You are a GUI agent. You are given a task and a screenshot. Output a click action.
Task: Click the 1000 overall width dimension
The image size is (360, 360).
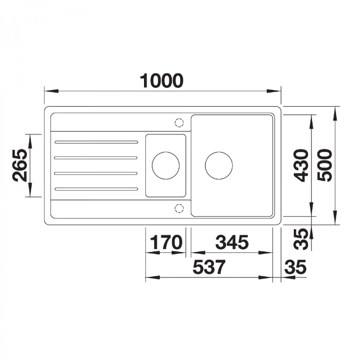pyautogui.click(x=162, y=81)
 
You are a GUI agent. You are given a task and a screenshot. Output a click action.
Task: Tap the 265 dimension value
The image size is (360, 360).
pyautogui.click(x=20, y=165)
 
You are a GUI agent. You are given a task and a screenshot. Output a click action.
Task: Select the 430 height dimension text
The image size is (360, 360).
pyautogui.click(x=301, y=165)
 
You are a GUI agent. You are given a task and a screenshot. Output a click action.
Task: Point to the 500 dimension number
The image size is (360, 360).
pyautogui.click(x=324, y=165)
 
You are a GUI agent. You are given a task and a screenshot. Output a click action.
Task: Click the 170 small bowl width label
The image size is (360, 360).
pyautogui.click(x=166, y=242)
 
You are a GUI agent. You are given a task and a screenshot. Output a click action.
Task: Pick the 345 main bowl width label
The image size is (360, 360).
pyautogui.click(x=232, y=242)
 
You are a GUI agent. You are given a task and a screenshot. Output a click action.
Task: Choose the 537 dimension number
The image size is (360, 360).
pyautogui.click(x=209, y=267)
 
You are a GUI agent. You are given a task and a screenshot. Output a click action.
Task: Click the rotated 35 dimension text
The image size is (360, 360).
pyautogui.click(x=301, y=239)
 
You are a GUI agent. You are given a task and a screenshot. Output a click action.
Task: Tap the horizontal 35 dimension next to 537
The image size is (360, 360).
pyautogui.click(x=295, y=267)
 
